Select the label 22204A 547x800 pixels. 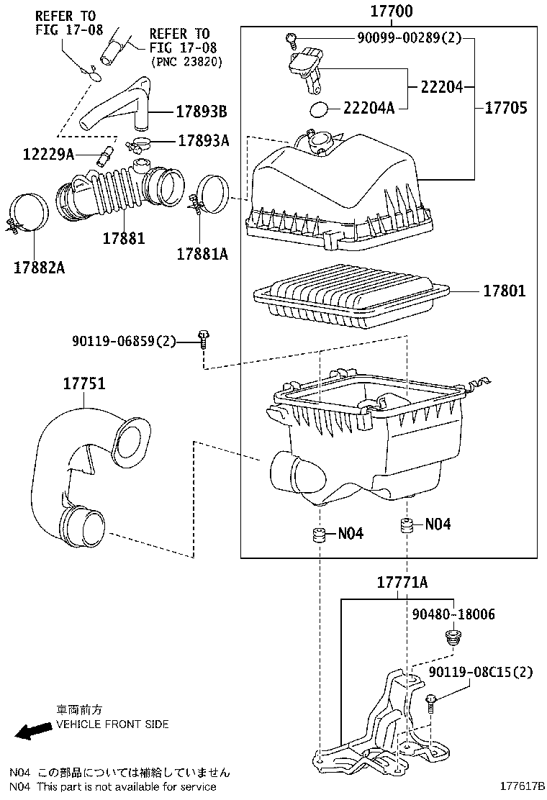click(x=369, y=108)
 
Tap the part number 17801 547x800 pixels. click(x=504, y=291)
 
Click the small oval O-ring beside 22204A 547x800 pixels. click(x=318, y=109)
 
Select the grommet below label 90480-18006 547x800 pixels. click(x=453, y=637)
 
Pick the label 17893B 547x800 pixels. click(x=202, y=112)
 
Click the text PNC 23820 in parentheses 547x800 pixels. click(x=187, y=62)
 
